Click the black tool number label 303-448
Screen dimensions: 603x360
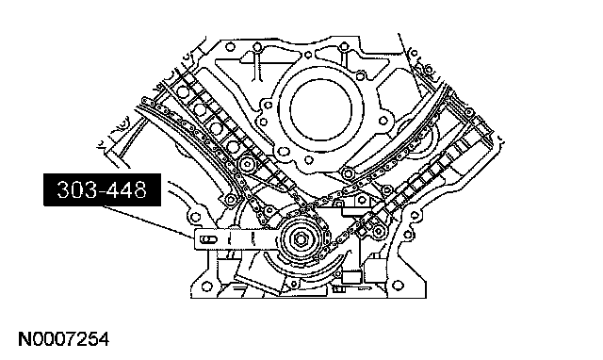(102, 189)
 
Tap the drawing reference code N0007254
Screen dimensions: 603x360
(64, 339)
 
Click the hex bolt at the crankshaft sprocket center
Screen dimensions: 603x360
(301, 240)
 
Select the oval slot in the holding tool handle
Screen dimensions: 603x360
(208, 240)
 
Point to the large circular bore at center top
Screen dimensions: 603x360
(321, 109)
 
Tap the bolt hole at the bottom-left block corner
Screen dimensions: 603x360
(207, 286)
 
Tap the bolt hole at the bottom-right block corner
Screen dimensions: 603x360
(399, 286)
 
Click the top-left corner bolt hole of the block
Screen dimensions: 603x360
(230, 47)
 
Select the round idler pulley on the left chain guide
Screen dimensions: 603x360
(246, 166)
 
